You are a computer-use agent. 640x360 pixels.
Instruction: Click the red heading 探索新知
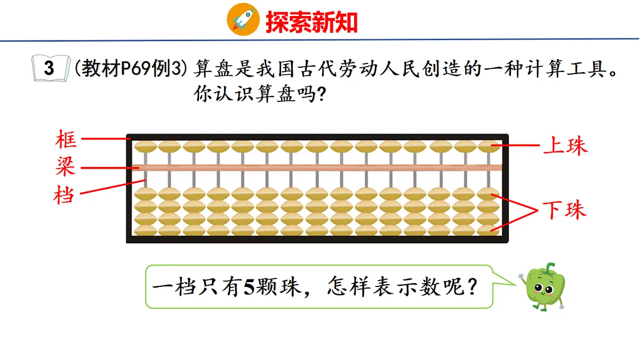point(311,22)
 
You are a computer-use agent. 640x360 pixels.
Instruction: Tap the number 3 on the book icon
point(50,69)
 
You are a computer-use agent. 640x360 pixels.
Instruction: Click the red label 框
point(66,140)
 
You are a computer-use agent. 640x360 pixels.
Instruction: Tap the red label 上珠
point(565,146)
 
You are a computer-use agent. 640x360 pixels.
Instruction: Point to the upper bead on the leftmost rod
point(145,146)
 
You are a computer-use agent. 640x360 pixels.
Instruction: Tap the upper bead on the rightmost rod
point(489,146)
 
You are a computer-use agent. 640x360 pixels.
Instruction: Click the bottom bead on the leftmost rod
point(145,230)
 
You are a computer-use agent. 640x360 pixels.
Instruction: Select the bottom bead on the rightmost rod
point(489,230)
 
